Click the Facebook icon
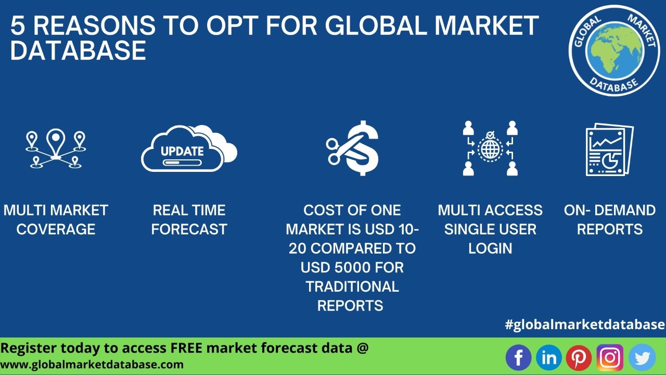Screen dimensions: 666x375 (519, 357)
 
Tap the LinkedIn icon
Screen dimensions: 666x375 (549, 357)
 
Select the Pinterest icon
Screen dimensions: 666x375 (579, 357)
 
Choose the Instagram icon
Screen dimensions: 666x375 (610, 357)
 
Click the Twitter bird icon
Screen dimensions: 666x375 (642, 357)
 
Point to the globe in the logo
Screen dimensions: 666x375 (614, 50)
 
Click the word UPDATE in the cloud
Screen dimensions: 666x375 (182, 151)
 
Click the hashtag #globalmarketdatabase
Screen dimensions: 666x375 (585, 324)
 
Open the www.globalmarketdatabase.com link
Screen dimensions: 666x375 (92, 365)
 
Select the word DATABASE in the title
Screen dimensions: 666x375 (78, 51)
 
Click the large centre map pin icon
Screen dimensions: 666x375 (56, 142)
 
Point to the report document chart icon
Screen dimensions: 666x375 (609, 149)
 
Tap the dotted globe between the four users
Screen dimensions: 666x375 (490, 148)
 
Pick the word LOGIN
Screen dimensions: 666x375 (490, 248)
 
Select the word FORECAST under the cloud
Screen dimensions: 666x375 (189, 229)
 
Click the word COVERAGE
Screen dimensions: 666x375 (56, 229)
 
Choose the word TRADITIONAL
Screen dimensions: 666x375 (352, 286)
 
